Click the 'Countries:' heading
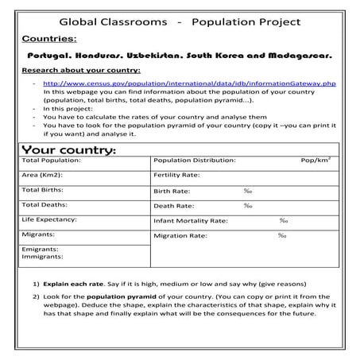click(50, 39)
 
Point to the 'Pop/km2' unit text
click(315, 160)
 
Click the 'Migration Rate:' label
click(180, 235)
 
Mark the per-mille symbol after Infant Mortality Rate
click(283, 220)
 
